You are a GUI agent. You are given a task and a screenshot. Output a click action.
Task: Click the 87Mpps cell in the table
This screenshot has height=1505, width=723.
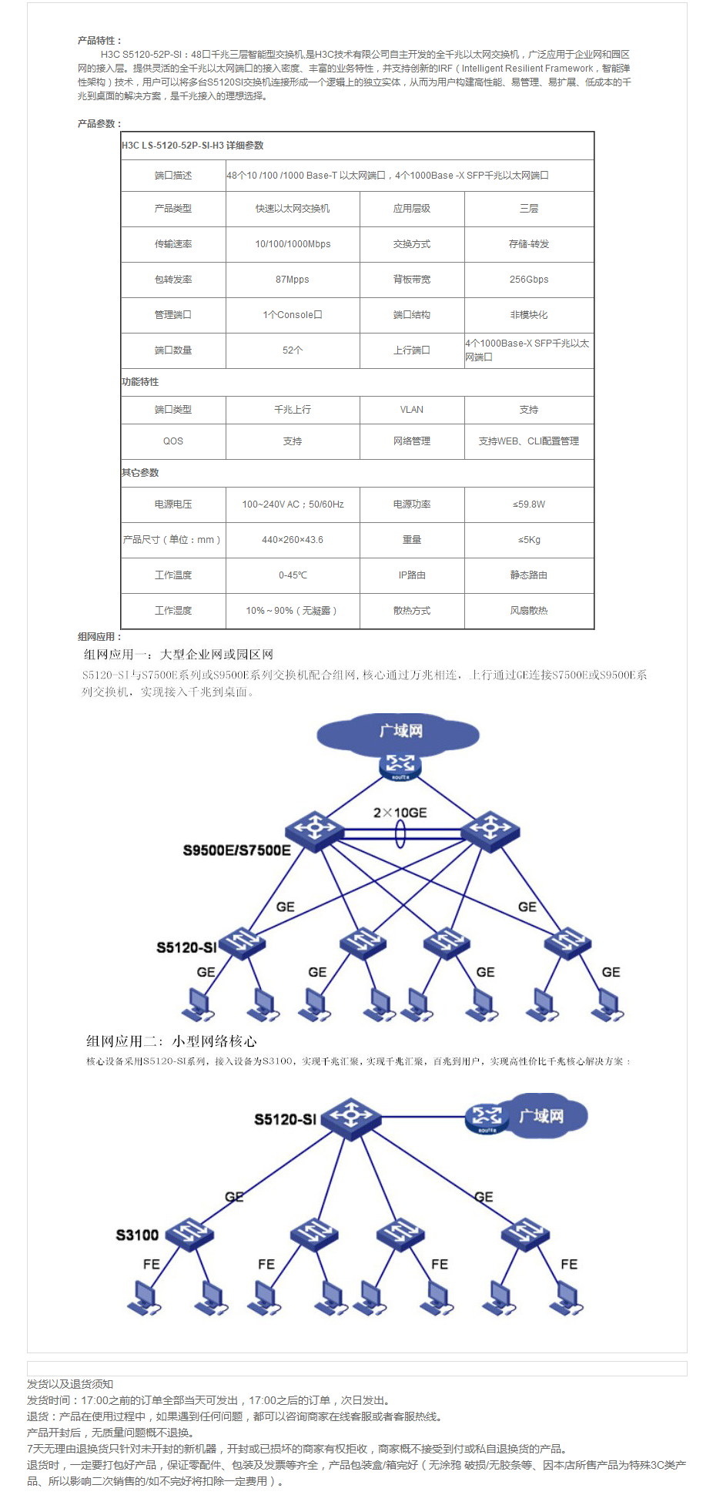293,280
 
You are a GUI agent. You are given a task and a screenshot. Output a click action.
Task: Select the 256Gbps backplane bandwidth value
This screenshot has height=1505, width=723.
529,280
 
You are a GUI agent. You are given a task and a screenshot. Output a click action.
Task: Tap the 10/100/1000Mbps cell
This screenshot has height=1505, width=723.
293,244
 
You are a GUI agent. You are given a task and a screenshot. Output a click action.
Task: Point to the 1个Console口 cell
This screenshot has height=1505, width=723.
293,315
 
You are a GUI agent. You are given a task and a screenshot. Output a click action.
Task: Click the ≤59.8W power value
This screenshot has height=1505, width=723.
529,504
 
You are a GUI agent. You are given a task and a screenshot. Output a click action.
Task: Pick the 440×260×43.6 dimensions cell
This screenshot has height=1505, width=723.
293,540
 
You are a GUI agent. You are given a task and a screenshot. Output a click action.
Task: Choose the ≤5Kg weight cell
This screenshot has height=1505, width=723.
529,540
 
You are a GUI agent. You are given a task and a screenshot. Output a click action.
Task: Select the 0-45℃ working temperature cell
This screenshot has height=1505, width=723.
293,575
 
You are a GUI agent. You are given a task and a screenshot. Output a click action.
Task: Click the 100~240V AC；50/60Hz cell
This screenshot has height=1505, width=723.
293,504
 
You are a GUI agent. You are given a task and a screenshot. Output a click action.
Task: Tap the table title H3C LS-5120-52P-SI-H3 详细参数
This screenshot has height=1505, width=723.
192,146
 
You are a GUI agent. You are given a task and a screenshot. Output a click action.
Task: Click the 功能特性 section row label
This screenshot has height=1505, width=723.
140,382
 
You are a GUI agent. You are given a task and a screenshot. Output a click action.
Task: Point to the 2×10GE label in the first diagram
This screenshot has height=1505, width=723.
400,813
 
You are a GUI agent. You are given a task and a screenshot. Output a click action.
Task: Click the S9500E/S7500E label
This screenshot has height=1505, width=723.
236,850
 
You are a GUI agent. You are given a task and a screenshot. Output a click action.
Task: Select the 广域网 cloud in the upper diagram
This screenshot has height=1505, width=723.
399,732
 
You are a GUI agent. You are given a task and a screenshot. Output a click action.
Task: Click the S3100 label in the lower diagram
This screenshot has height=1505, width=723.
137,1235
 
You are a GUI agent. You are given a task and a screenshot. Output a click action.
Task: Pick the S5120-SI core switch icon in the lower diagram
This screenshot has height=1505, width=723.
351,1118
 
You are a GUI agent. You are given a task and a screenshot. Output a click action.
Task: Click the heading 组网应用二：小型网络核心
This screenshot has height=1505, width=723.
171,1041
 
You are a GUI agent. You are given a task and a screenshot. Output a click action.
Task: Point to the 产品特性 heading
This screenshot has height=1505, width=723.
99,41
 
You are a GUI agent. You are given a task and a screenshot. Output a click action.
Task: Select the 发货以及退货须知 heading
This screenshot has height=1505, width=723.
70,1384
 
